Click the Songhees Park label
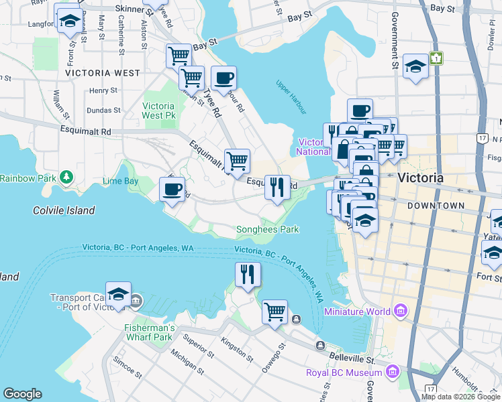pos(267,230)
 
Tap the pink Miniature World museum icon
pos(401,311)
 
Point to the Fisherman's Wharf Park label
pos(149,332)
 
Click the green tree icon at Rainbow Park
pos(66,177)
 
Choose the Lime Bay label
pos(121,181)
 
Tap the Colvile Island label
pos(64,210)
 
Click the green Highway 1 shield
pos(437,59)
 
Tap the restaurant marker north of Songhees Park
pos(277,187)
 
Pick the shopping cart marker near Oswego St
pos(274,311)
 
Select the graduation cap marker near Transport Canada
pos(118,295)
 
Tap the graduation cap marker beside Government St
pos(416,67)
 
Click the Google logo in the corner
pos(23,394)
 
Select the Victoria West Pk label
pos(159,111)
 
